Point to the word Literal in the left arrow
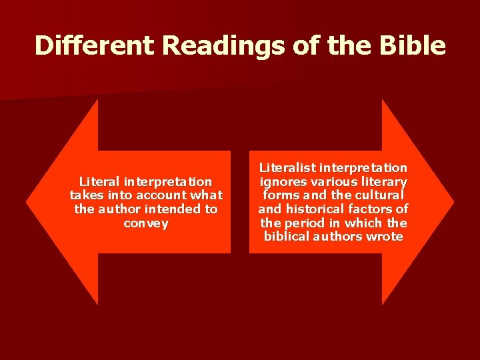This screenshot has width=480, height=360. tap(99, 181)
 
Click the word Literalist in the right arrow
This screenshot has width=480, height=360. tap(287, 168)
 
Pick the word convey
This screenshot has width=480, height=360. tap(146, 223)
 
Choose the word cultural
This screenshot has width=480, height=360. tap(380, 195)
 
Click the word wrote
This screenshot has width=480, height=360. tap(386, 237)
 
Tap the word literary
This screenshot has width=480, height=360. tap(383, 182)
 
